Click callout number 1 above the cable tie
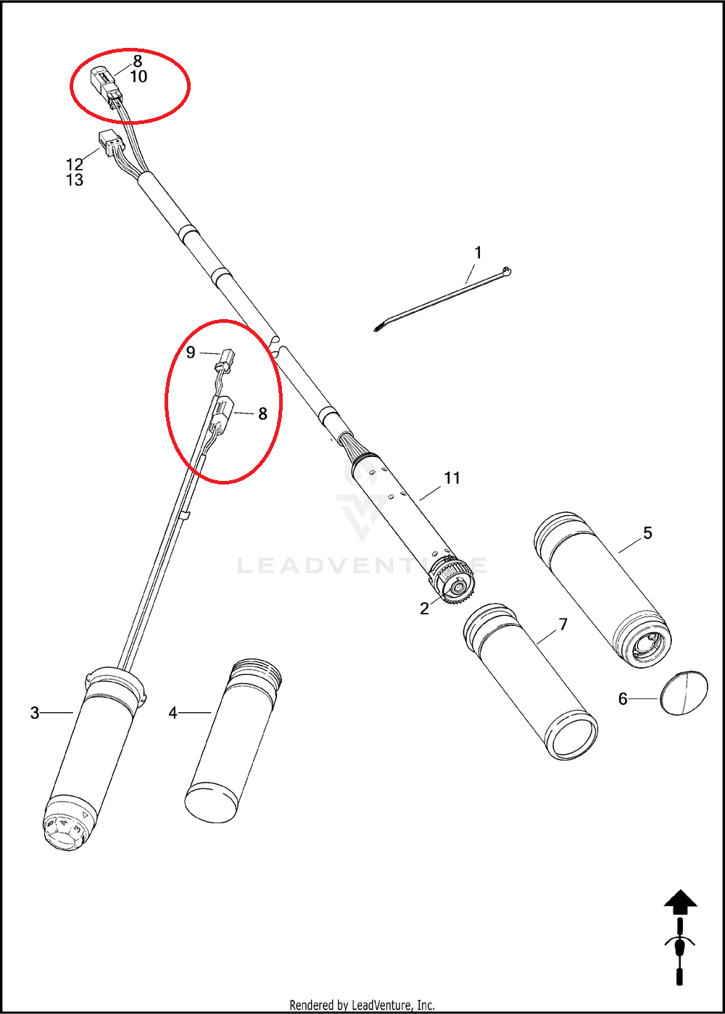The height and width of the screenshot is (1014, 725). [x=478, y=252]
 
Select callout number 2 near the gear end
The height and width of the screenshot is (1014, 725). [x=424, y=609]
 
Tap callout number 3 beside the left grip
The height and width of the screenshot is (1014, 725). [x=35, y=713]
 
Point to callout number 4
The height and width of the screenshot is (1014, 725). [x=173, y=713]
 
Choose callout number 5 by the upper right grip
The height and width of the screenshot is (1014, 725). [x=647, y=533]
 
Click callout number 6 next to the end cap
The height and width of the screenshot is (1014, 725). [x=623, y=699]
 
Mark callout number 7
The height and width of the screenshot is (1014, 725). [x=563, y=625]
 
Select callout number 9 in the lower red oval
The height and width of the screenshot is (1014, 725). [x=191, y=353]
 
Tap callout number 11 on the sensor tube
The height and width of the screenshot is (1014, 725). [x=452, y=477]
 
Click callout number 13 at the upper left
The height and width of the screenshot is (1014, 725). [x=75, y=180]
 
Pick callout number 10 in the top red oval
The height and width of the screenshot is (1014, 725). [x=138, y=76]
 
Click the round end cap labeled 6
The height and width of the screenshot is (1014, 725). [x=684, y=693]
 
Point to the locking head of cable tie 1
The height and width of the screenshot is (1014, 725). [x=507, y=272]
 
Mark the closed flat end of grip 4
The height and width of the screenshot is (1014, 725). [x=211, y=804]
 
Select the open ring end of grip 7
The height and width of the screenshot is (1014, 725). [x=572, y=735]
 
